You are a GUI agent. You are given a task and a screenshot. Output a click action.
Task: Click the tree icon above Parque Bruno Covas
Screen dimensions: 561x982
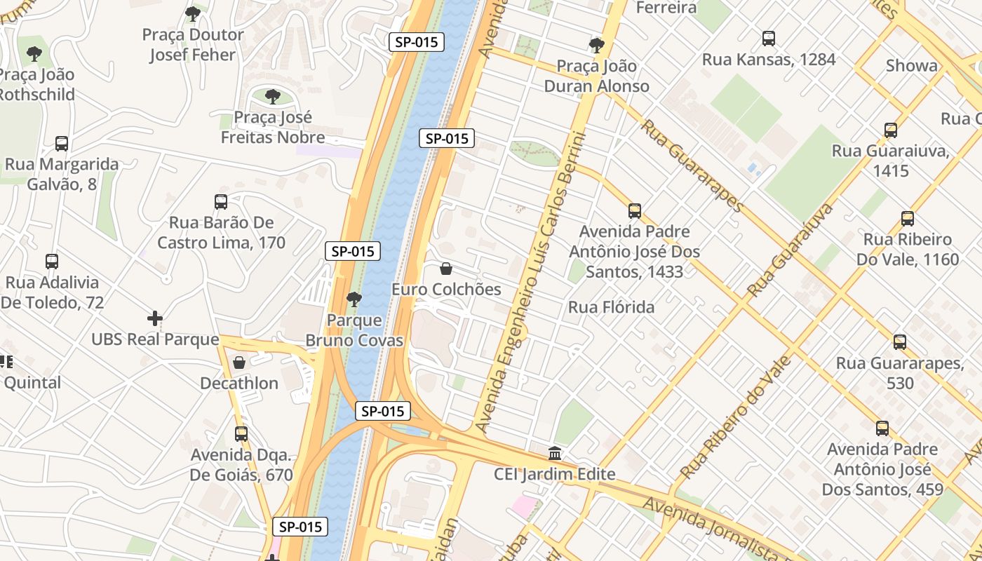(x=354, y=299)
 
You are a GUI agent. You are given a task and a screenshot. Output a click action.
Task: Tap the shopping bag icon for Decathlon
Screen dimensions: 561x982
(x=239, y=363)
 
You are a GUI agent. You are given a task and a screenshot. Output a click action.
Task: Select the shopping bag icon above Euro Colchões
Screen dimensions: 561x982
(x=445, y=269)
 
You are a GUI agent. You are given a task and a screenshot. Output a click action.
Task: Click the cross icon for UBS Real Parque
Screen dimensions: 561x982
(x=155, y=318)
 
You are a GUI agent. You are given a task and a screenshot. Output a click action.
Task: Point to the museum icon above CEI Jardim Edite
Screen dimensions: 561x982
(x=555, y=453)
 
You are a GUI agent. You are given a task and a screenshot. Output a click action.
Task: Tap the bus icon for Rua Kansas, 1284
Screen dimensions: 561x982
(x=769, y=38)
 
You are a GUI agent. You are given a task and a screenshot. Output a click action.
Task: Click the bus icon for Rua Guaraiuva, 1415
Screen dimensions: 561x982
(x=891, y=130)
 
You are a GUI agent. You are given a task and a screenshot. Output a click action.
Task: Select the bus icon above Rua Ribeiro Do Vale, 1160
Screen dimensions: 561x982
(x=908, y=218)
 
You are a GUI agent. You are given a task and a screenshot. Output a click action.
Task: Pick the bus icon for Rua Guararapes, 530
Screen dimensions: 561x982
(x=900, y=342)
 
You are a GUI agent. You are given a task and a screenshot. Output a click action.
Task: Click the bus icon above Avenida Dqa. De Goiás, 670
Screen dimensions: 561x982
(x=241, y=433)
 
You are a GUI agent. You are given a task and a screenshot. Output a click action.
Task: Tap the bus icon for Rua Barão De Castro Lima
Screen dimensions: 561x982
(x=221, y=202)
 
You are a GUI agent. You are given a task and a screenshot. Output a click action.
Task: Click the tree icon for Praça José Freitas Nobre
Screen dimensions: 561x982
(x=273, y=96)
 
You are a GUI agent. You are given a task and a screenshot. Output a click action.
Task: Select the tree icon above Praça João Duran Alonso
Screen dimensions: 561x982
(x=597, y=46)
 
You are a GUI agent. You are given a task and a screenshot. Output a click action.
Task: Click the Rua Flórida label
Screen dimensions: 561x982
(x=611, y=307)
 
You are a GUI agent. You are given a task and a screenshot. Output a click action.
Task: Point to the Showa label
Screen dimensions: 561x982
(x=911, y=66)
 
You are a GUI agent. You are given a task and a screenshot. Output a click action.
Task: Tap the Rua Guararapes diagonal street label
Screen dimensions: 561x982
(x=692, y=165)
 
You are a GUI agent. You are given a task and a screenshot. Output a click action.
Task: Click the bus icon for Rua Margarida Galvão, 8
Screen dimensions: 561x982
(x=62, y=143)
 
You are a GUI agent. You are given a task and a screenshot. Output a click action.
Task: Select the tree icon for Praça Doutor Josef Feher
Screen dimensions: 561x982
(x=193, y=13)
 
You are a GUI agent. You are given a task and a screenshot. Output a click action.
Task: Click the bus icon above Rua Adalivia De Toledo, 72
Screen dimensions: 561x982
(x=52, y=262)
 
